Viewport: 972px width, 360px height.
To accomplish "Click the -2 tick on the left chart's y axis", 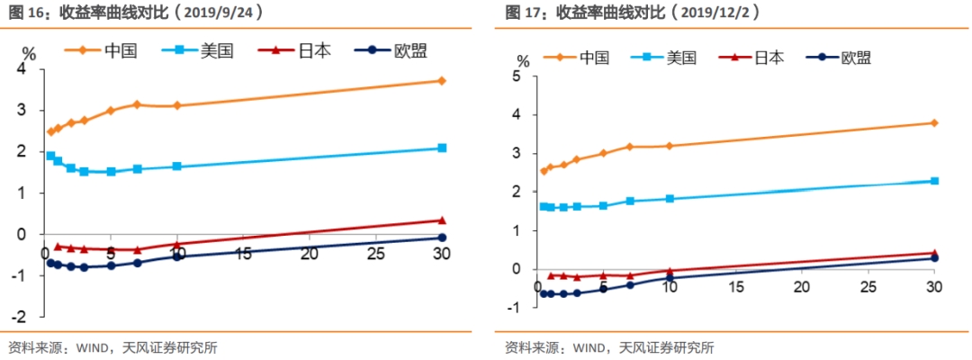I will [x=19, y=317].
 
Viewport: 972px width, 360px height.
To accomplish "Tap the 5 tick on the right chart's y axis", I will [x=515, y=76].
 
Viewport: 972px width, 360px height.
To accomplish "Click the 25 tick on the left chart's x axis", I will [x=375, y=254].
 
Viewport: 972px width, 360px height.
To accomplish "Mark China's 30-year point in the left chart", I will [x=442, y=81].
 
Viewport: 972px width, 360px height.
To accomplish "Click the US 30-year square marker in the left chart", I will [x=442, y=148].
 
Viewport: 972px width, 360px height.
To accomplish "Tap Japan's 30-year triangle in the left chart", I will [x=442, y=220].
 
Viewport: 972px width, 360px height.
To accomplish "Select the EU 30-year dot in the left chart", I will [x=442, y=238].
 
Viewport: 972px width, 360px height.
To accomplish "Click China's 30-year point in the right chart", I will [x=934, y=122].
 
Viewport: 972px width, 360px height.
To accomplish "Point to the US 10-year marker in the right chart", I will [x=670, y=198].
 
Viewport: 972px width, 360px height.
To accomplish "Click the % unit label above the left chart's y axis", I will [x=28, y=52].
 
